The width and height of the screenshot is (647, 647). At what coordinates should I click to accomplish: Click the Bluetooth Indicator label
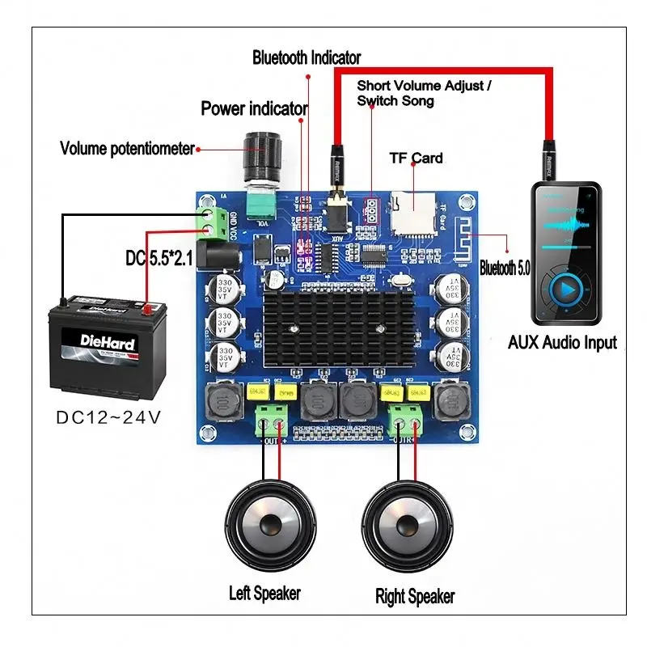(x=307, y=57)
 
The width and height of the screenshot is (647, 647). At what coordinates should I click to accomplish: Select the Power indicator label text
(x=254, y=108)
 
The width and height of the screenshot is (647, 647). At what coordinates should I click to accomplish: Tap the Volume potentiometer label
(x=128, y=149)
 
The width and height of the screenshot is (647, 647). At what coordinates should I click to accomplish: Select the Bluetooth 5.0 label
(x=505, y=268)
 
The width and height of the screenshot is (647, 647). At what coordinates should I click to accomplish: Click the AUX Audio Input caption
(x=562, y=342)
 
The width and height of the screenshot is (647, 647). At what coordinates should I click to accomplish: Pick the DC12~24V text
(x=108, y=417)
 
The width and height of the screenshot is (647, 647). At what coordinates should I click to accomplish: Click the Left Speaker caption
(x=264, y=593)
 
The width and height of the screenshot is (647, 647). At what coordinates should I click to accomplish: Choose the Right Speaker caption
(x=415, y=597)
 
